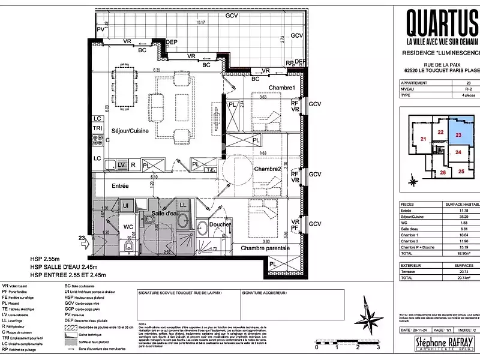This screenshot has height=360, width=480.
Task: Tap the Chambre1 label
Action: pos(265,88)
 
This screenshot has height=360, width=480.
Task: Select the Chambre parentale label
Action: pos(265,248)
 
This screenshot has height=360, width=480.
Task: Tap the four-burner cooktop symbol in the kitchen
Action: pos(97,142)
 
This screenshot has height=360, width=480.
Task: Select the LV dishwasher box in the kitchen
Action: pos(121,164)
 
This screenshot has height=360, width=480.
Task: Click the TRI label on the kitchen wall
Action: pos(97,128)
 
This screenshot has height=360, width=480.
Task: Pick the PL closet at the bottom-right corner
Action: pos(274,263)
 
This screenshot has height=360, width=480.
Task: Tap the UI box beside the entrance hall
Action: pos(126,206)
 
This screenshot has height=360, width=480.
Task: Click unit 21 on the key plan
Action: pos(424,139)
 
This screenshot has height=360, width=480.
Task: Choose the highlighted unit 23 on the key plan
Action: pos(458,136)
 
